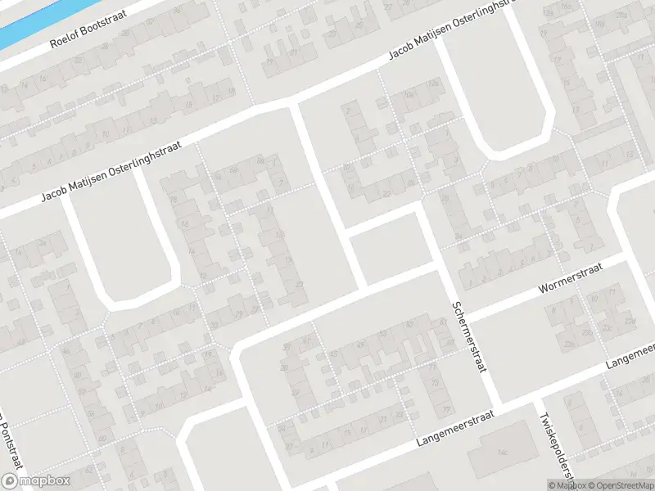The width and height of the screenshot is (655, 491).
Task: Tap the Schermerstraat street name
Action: pyautogui.click(x=469, y=336)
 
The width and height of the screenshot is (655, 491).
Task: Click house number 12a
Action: pyautogui.click(x=436, y=85)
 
